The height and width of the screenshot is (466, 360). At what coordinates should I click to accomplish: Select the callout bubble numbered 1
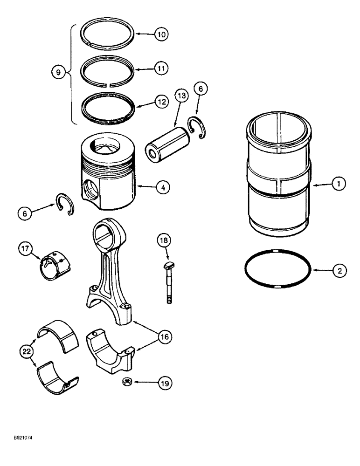(339, 185)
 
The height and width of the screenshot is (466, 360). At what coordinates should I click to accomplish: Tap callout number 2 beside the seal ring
(339, 270)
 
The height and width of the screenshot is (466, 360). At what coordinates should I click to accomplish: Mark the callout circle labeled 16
(164, 336)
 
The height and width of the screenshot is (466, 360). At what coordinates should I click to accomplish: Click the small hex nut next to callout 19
(125, 382)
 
